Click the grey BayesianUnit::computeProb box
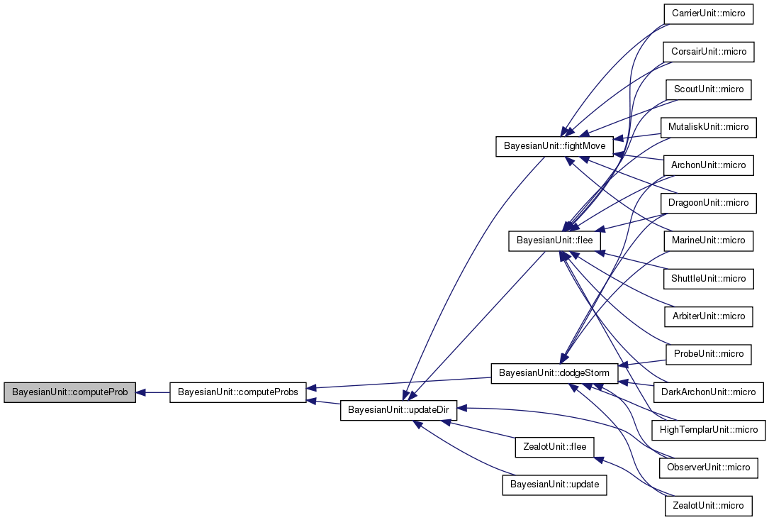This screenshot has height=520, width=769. pos(69,392)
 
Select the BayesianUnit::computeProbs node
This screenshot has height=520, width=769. pos(238,392)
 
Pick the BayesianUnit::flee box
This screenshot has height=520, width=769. pos(554,241)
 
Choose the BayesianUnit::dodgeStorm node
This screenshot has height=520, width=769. pos(554,372)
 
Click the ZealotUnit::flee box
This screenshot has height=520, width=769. pos(554,448)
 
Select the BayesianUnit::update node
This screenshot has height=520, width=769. pos(554,486)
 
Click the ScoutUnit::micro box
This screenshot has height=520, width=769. pos(707,89)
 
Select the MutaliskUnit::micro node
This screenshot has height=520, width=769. pos(707,127)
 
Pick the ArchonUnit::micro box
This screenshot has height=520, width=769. pos(707,165)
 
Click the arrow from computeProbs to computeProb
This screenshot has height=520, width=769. pos(152,392)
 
